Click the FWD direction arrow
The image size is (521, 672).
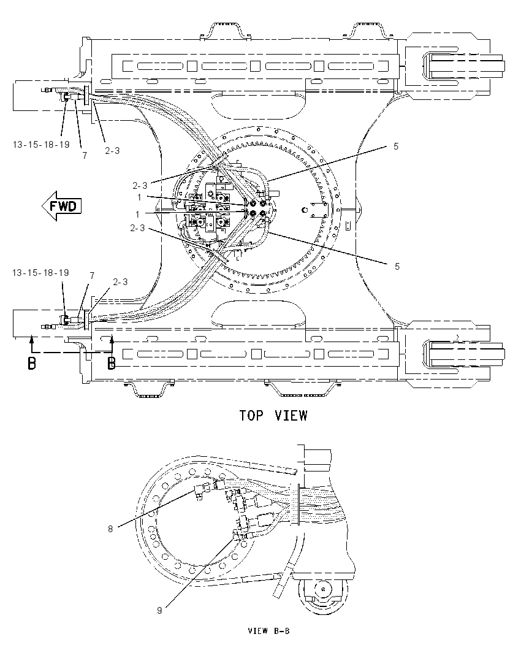[61, 206]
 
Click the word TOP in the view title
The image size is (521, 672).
[251, 415]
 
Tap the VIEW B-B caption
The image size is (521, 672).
[268, 631]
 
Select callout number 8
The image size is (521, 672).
[110, 529]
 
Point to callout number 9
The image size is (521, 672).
[159, 610]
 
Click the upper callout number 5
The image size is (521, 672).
[396, 147]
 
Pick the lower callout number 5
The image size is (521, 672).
[397, 267]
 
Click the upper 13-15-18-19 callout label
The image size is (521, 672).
[41, 145]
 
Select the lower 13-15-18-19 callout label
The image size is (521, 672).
[40, 273]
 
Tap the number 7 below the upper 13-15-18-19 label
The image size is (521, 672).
[85, 156]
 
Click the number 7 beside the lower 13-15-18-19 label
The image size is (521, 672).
[92, 275]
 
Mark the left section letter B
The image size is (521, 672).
[32, 364]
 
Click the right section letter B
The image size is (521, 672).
[112, 364]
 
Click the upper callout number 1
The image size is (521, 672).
[139, 197]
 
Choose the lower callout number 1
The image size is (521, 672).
[137, 214]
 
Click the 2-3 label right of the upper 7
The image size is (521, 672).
[112, 150]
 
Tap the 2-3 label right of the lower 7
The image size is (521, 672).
[120, 281]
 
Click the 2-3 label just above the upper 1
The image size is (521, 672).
[140, 186]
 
